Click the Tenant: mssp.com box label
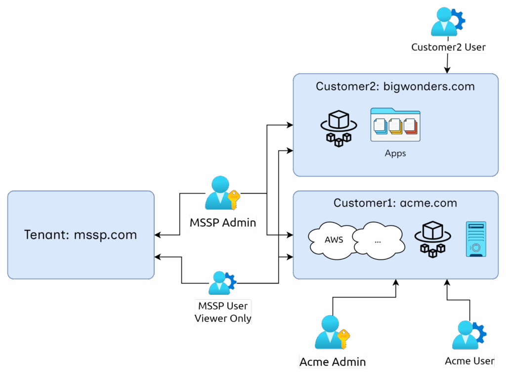pos(81,235)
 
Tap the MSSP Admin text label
pos(223,223)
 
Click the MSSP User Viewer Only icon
pos(221,283)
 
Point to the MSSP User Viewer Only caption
pos(223,312)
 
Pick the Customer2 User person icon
pos(445,22)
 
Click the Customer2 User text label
pos(448,47)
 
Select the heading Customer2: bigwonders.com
pos(395,87)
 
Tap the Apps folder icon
pos(395,125)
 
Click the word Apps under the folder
pos(395,153)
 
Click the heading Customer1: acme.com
pos(395,203)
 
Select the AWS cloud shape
pos(334,240)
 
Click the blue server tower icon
pos(476,239)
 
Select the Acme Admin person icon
pos(329,332)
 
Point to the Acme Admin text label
pos(333,362)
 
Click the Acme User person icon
pos(467,335)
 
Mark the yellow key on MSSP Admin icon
pos(234,199)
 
